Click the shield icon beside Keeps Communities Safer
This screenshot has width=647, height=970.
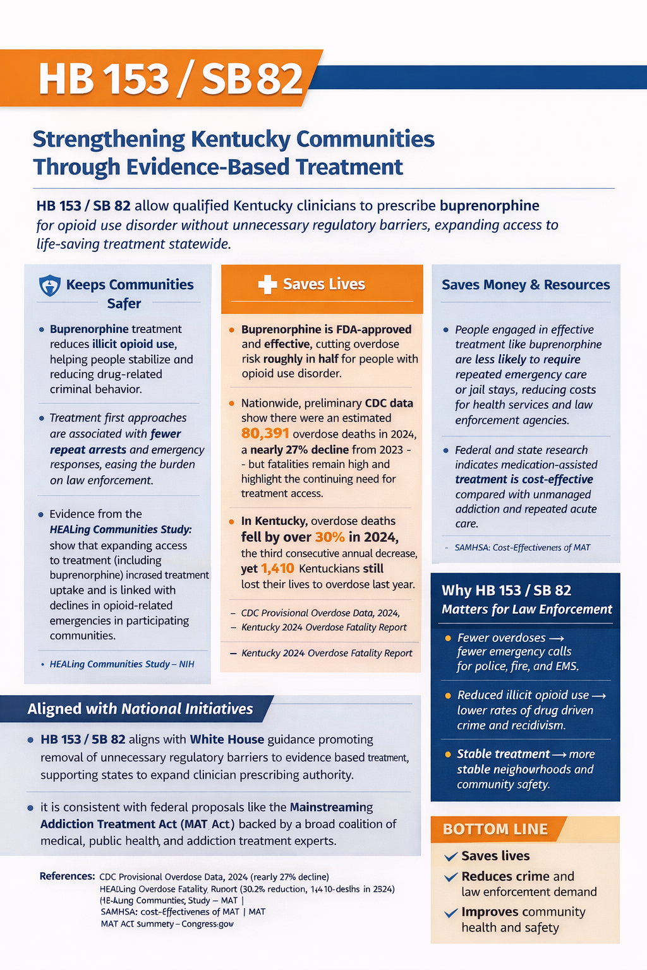(50, 285)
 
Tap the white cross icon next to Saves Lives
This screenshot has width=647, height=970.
(267, 284)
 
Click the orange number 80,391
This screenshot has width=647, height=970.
(265, 433)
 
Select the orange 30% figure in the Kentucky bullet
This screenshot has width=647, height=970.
(330, 537)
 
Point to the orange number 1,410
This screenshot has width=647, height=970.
(277, 568)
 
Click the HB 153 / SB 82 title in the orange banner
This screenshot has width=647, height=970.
(171, 79)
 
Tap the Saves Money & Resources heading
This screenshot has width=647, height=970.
(526, 285)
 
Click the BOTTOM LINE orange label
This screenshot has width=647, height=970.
(495, 829)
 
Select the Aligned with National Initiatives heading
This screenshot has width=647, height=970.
(140, 709)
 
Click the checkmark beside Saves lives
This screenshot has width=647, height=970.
(450, 857)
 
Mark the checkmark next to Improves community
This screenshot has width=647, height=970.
(450, 913)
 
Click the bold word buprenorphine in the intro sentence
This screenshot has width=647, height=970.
(489, 206)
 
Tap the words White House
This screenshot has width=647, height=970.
(227, 739)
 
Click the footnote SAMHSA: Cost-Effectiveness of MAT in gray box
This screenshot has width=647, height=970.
(522, 548)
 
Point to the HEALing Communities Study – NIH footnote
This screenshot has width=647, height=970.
(122, 664)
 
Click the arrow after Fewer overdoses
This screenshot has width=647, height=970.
(557, 638)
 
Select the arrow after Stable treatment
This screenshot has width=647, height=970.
(559, 755)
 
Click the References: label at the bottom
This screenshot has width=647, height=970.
(67, 877)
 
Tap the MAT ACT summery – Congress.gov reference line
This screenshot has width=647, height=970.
(167, 924)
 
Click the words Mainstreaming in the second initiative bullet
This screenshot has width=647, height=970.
(331, 807)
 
